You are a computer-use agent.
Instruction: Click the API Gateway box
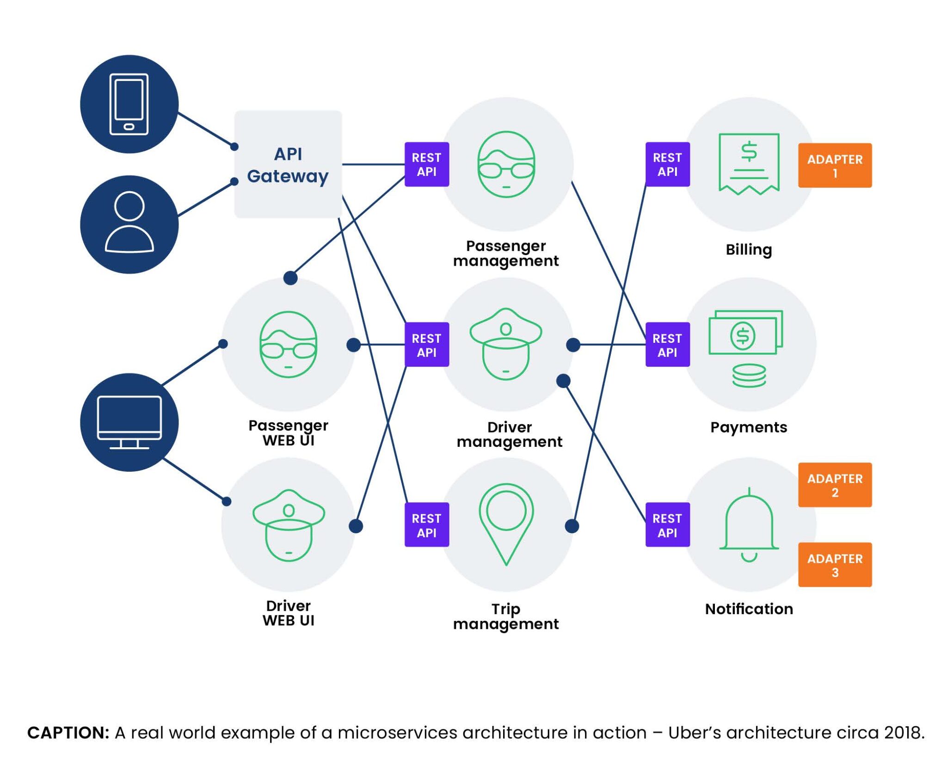(x=288, y=164)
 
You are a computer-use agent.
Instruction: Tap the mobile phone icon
(x=129, y=104)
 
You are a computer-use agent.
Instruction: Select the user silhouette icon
(x=129, y=223)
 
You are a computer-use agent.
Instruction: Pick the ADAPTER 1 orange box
(x=834, y=165)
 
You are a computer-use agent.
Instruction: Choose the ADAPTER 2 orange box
(x=834, y=485)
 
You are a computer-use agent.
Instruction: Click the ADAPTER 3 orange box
(x=834, y=565)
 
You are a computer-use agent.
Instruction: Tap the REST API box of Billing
(x=667, y=164)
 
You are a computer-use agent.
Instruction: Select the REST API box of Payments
(x=667, y=345)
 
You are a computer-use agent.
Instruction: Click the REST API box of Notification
(x=667, y=525)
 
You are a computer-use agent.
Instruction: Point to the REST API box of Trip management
(x=426, y=525)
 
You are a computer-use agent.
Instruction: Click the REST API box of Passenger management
(x=426, y=164)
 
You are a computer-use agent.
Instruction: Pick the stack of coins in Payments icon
(x=749, y=375)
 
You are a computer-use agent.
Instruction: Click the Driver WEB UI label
(x=288, y=613)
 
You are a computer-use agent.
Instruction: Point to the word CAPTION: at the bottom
(x=68, y=733)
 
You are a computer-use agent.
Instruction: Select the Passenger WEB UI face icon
(x=288, y=345)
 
